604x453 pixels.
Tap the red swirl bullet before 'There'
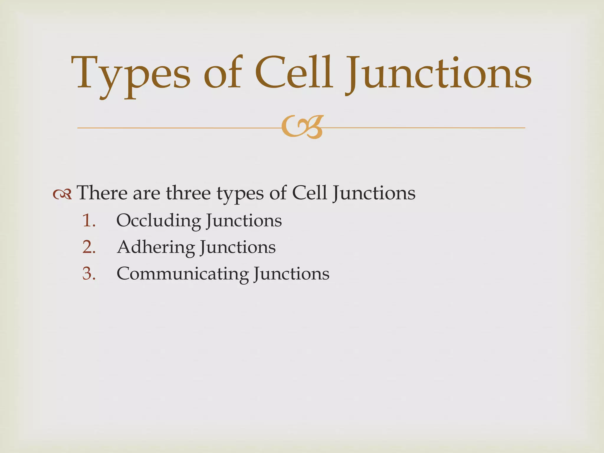coord(62,194)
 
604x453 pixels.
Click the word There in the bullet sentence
coord(102,193)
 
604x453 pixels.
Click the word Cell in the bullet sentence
coord(309,193)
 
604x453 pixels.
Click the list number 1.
coord(89,221)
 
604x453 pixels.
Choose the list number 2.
coord(89,247)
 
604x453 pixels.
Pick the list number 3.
coord(89,274)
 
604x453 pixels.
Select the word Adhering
coord(156,247)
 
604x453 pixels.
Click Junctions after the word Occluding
coord(244,221)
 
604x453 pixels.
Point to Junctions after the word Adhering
coord(238,248)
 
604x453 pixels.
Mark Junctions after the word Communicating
coord(291,274)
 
